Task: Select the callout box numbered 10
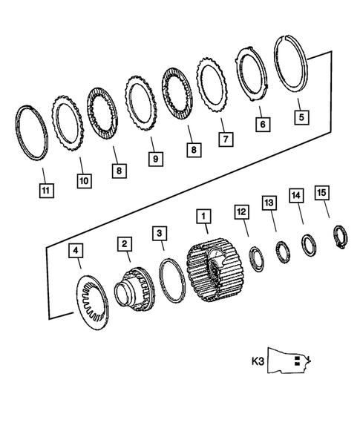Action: [x=81, y=180]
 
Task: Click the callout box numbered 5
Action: [x=299, y=116]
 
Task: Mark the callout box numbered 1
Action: [x=203, y=216]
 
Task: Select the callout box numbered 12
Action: [x=242, y=212]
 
